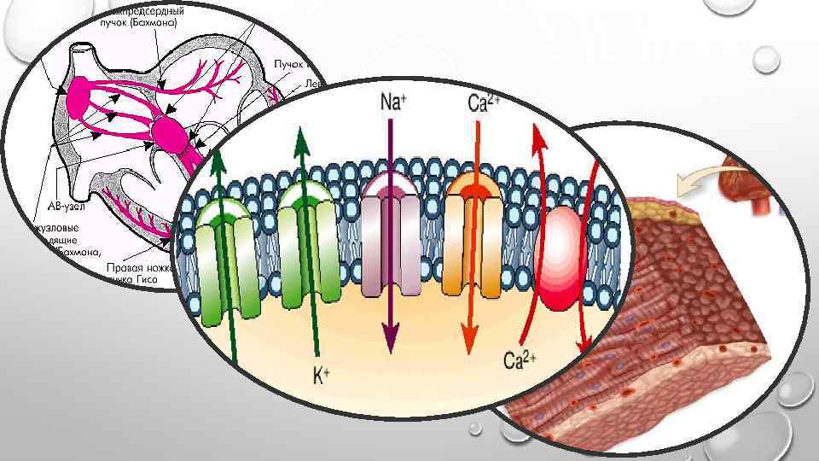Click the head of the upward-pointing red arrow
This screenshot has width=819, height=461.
[537, 132]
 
